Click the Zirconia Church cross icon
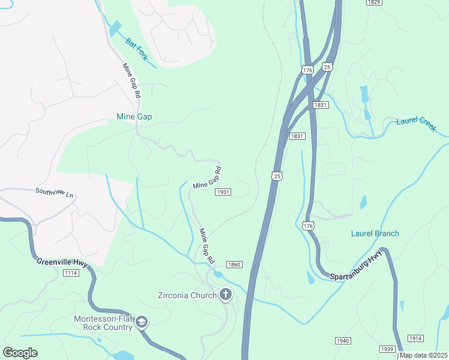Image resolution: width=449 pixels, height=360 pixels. pyautogui.click(x=226, y=294)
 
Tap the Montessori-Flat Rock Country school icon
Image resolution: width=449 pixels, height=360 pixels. pyautogui.click(x=141, y=322)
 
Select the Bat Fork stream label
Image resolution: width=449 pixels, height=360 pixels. pyautogui.click(x=136, y=49)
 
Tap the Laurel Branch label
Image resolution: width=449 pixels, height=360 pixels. pyautogui.click(x=375, y=233)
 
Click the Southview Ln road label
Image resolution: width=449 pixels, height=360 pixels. pyautogui.click(x=54, y=194)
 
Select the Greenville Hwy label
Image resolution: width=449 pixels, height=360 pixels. pyautogui.click(x=62, y=262)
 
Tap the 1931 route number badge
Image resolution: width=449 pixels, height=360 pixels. pyautogui.click(x=223, y=192)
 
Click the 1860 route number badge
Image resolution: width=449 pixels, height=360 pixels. pyautogui.click(x=234, y=265)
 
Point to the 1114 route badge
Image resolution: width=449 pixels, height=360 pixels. pyautogui.click(x=71, y=273)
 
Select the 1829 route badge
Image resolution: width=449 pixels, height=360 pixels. pyautogui.click(x=373, y=2)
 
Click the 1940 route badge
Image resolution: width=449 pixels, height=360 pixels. pyautogui.click(x=342, y=341)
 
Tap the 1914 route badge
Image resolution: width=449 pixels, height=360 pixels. pyautogui.click(x=415, y=338)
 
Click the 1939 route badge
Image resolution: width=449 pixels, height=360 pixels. pyautogui.click(x=387, y=349)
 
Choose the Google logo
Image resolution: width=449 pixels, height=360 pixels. pyautogui.click(x=20, y=353)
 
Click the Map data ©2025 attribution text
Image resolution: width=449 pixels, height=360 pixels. pyautogui.click(x=423, y=355)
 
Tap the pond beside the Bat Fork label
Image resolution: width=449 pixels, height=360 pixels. pyautogui.click(x=115, y=29)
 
